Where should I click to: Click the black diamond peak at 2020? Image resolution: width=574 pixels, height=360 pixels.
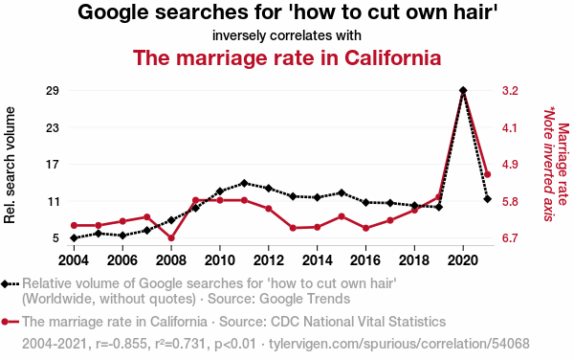coord(463,90)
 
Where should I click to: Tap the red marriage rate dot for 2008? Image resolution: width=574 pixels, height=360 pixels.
coord(171,238)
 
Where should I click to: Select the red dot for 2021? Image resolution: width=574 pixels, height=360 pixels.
coord(487,174)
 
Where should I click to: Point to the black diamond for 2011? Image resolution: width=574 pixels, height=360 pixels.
coord(244,183)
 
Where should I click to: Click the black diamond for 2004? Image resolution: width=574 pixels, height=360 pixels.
coord(74,238)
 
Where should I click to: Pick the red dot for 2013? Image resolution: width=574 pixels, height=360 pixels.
coord(293,228)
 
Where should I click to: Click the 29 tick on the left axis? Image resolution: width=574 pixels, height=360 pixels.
coord(53,90)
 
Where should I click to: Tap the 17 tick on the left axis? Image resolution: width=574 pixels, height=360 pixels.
coord(53,165)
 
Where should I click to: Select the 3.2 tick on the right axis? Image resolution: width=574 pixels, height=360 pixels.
coord(510,90)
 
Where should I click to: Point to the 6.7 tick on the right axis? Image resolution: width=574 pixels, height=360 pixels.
coord(510,238)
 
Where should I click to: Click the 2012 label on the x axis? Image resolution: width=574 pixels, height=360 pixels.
coord(268,260)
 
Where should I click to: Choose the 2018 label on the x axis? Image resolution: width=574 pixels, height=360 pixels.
coord(414,260)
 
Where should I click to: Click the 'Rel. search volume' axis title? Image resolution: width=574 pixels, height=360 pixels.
coord(10,165)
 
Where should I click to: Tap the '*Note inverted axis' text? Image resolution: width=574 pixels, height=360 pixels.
coord(548,164)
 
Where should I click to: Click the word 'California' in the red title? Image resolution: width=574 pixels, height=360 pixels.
coord(392,57)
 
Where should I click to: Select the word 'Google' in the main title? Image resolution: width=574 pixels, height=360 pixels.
coord(113,12)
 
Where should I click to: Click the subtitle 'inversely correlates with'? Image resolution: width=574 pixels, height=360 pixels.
coord(287,35)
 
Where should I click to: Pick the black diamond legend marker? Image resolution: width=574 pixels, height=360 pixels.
coord(5,283)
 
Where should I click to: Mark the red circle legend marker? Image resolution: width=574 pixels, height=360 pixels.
coord(5,322)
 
